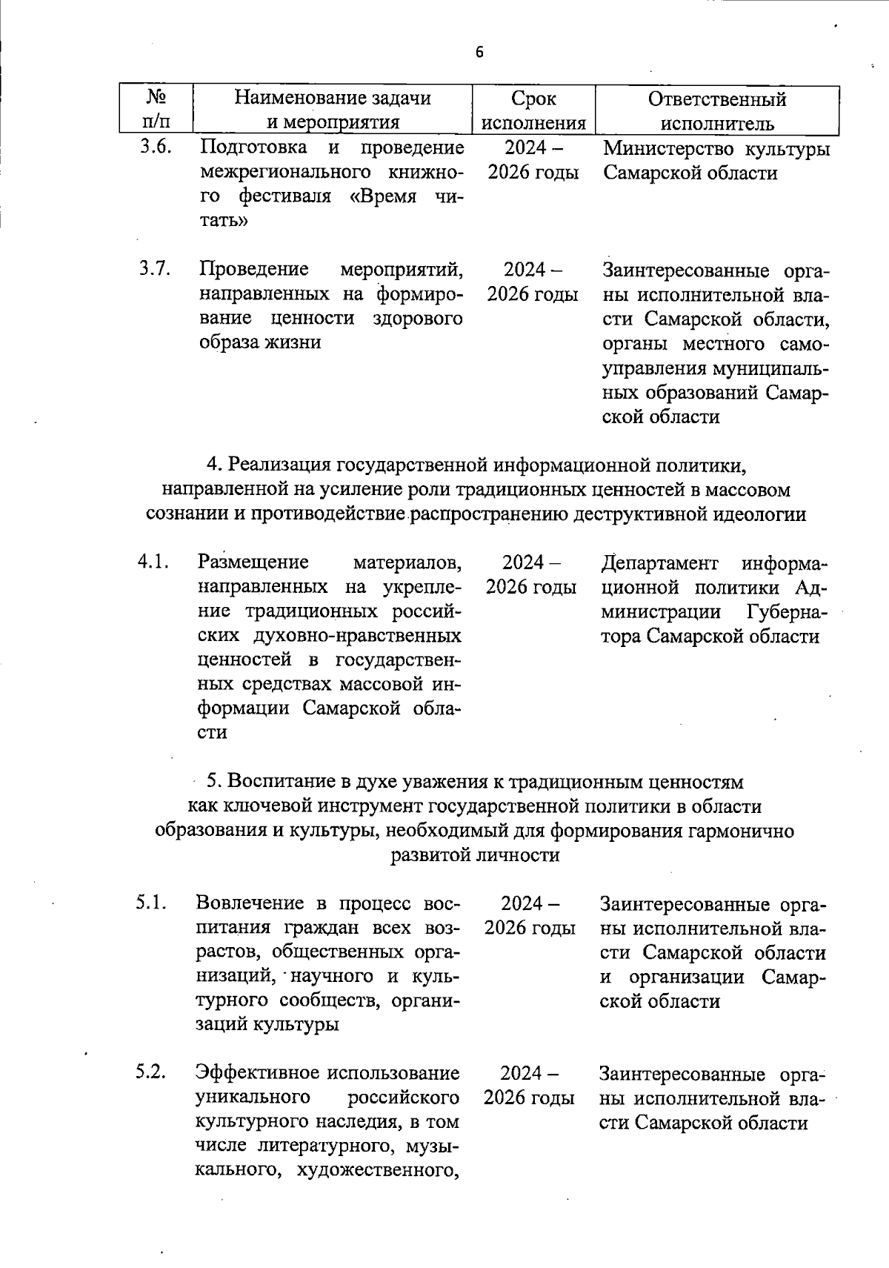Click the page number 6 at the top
479,52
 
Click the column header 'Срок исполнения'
533,110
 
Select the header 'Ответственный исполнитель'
716,110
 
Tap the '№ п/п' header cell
156,110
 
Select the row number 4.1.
154,562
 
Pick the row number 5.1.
153,903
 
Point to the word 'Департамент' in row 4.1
659,563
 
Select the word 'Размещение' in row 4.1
253,563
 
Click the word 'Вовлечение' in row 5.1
250,903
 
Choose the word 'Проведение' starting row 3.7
254,270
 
